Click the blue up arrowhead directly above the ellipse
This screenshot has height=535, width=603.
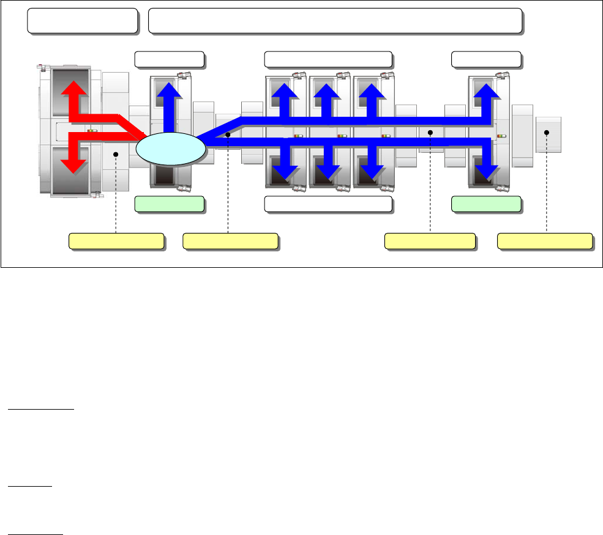point(170,89)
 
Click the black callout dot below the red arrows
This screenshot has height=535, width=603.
point(116,155)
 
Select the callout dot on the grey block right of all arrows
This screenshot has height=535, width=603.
point(547,133)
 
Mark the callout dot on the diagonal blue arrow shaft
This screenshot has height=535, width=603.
point(228,134)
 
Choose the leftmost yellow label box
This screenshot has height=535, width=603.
point(116,241)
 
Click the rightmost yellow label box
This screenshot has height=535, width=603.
point(544,241)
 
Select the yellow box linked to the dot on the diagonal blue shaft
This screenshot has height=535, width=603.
point(230,241)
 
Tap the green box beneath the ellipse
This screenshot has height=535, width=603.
point(169,204)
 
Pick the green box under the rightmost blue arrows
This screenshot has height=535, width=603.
point(486,204)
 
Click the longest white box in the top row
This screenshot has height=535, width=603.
point(335,21)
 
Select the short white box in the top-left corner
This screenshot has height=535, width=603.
point(82,21)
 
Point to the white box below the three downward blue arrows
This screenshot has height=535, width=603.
point(328,204)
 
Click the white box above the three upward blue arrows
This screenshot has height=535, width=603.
point(328,59)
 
